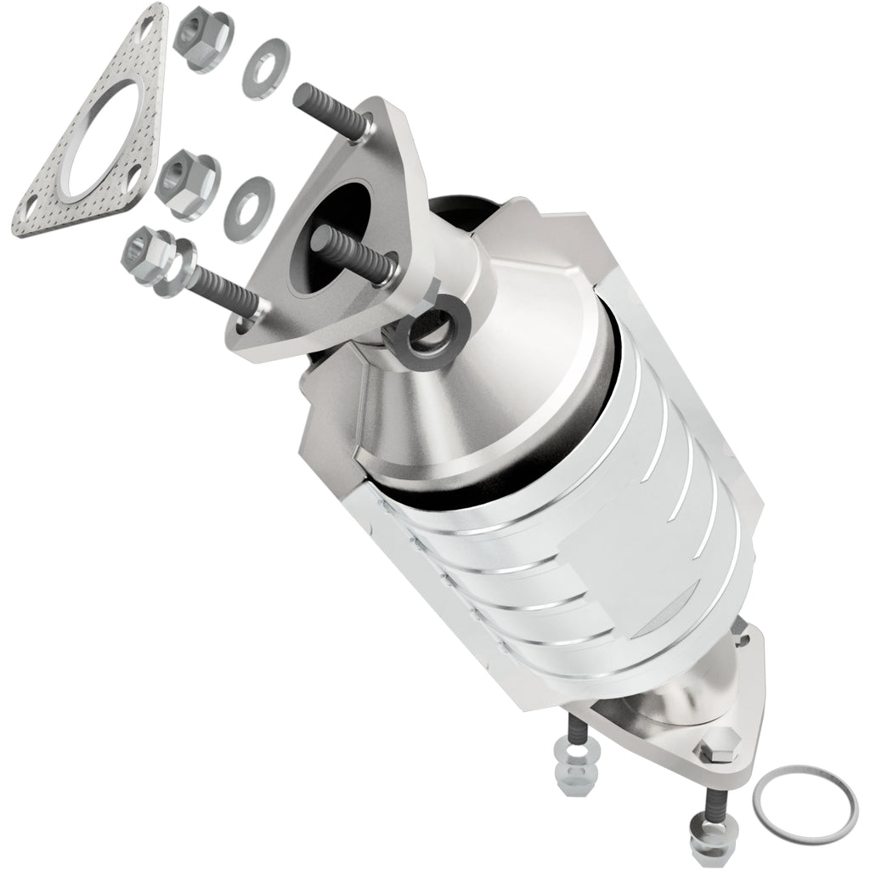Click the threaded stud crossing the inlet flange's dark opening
[358, 251]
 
